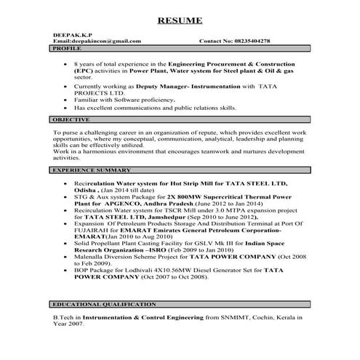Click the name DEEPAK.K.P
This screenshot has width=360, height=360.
[71, 34]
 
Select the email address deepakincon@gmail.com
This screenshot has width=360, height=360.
[97, 41]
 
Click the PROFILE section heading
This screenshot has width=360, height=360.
[66, 48]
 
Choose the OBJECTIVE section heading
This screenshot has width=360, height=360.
[71, 119]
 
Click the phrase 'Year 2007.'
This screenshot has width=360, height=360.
[71, 325]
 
